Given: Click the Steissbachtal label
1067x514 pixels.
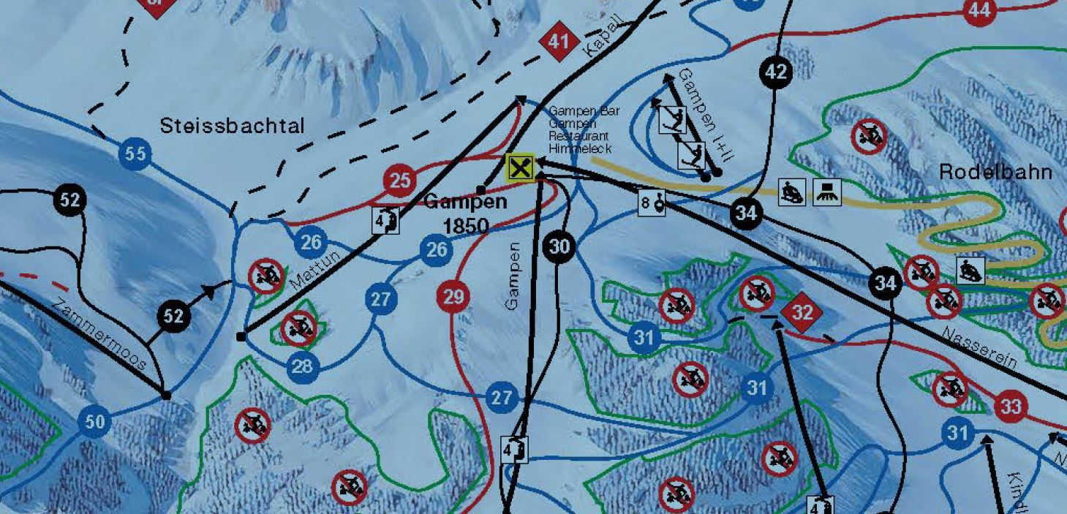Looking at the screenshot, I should click(232, 126).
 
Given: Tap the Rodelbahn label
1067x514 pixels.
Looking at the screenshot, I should click(995, 173).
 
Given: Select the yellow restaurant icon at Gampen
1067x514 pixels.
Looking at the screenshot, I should click(520, 168).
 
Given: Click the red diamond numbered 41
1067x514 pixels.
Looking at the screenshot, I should click(559, 42).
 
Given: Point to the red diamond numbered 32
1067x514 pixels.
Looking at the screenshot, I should click(802, 313).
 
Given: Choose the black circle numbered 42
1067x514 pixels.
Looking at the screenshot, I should click(777, 72).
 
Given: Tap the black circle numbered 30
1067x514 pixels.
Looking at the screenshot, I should click(559, 247).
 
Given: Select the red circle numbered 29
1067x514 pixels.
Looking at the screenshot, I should click(453, 297).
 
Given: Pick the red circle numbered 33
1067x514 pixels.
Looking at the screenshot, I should click(1011, 406).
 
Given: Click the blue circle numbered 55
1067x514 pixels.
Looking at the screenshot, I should click(135, 154).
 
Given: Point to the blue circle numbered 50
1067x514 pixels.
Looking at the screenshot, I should click(94, 422).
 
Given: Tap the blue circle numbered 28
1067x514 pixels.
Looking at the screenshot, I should click(302, 366).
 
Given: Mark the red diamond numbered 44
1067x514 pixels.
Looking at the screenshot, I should click(980, 10).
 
